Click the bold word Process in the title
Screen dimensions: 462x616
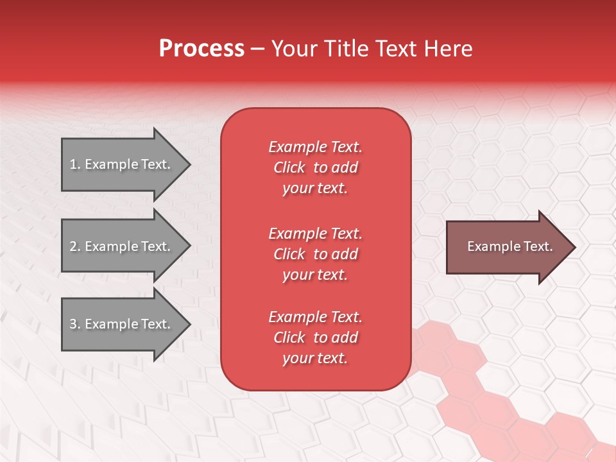click(x=201, y=49)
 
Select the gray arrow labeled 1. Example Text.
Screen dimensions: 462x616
click(x=122, y=164)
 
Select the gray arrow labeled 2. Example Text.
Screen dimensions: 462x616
click(x=122, y=246)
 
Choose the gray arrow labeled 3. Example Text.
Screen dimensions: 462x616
click(x=122, y=324)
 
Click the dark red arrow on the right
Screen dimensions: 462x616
click(x=507, y=246)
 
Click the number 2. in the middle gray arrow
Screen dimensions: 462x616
click(x=75, y=246)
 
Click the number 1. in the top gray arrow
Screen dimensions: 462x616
click(x=75, y=164)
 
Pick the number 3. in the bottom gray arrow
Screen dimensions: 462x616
click(x=75, y=324)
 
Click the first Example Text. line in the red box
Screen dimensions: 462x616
click(x=315, y=147)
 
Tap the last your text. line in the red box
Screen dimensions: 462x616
click(x=315, y=358)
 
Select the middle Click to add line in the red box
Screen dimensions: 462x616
click(x=315, y=254)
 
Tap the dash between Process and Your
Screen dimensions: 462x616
click(x=257, y=49)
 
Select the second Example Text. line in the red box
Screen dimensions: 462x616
click(x=315, y=234)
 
